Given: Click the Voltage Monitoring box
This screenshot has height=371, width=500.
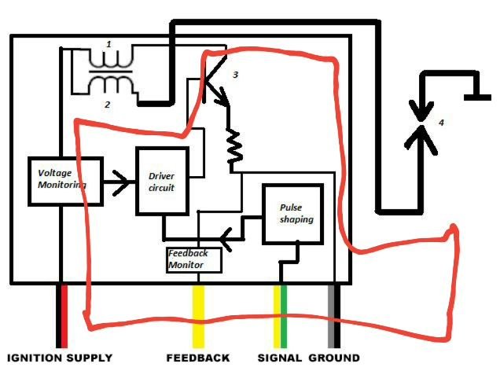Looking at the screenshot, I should coord(65,181).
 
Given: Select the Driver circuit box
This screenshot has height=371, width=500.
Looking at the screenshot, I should coord(163,181).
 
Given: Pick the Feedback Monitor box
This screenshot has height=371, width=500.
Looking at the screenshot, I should coord(193,259).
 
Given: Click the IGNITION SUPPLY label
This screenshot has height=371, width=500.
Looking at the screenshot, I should coord(60,358).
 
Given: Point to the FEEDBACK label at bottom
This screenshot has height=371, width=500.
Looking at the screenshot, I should coord(197,358).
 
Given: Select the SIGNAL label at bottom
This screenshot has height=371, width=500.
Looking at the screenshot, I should coord(279,358).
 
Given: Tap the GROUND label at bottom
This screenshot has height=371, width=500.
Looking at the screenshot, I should coord(336,358).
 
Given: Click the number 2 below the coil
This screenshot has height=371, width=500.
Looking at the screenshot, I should coord(108,103).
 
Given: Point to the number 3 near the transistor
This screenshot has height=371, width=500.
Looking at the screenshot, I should coord(234,75).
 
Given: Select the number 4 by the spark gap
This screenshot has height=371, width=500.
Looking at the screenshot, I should coord(441,123).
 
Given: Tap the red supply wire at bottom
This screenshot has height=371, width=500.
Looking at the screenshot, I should coord(64,314).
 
